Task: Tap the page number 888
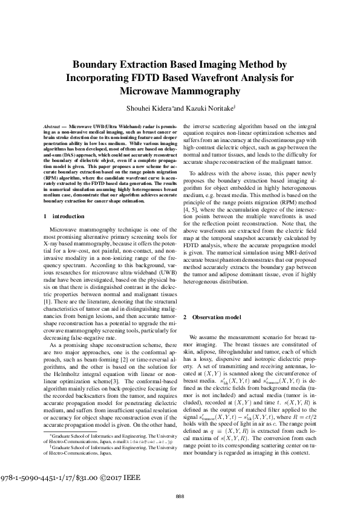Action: click(x=180, y=496)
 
